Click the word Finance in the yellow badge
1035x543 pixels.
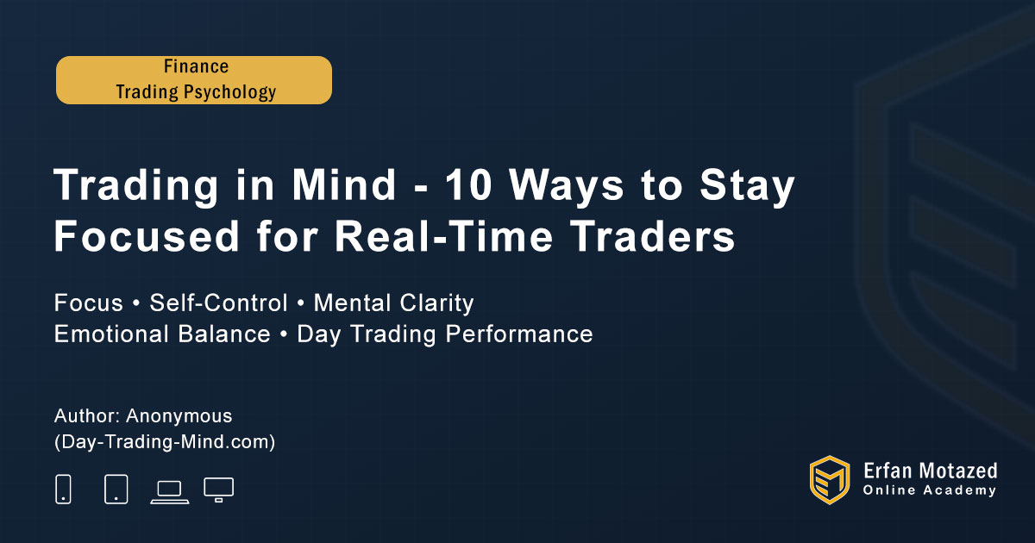pos(196,66)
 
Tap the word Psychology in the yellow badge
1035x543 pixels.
pos(229,92)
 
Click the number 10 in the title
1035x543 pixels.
pos(468,185)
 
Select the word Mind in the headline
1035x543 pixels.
pos(343,184)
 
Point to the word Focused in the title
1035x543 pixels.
pos(147,236)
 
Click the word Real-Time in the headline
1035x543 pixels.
pos(443,236)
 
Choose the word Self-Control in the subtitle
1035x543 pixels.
pos(218,303)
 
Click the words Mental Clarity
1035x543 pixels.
pos(393,303)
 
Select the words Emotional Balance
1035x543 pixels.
pos(162,334)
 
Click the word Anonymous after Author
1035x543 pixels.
pos(179,416)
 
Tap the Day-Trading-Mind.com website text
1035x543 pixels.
pos(165,442)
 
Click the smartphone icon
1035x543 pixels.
pos(63,489)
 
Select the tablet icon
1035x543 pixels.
pos(116,489)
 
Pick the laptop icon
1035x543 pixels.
pos(170,492)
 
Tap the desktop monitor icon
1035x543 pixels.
pos(218,490)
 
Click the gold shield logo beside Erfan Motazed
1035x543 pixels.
pos(830,480)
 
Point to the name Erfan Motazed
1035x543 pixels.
pos(930,471)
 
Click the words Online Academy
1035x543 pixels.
pos(930,490)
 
